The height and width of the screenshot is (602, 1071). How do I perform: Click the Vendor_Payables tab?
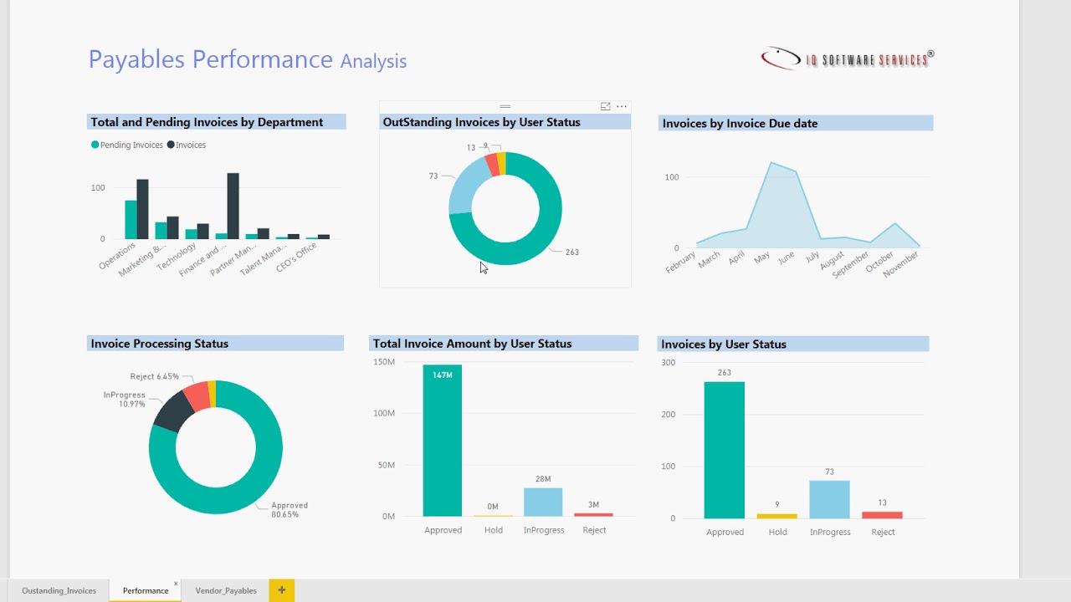[226, 590]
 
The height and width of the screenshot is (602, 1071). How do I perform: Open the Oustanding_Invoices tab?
[59, 590]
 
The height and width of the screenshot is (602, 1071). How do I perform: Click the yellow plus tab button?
[281, 590]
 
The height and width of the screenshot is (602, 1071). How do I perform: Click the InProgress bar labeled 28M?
[543, 502]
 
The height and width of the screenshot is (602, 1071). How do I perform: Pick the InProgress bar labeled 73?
[829, 499]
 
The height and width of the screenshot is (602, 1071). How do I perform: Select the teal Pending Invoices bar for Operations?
[131, 220]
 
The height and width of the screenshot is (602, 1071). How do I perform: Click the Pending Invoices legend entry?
[127, 145]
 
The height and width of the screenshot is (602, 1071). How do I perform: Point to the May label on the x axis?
[761, 258]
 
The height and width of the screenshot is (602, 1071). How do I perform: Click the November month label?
[902, 264]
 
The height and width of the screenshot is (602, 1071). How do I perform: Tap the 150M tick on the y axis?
[384, 362]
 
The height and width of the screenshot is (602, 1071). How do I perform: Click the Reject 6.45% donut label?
[154, 376]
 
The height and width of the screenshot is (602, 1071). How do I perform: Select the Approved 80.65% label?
[290, 510]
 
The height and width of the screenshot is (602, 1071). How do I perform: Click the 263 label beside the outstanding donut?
[571, 252]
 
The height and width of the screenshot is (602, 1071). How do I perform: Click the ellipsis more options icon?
[622, 106]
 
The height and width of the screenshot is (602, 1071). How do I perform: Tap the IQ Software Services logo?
[847, 59]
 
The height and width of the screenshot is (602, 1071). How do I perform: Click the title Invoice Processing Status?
[159, 344]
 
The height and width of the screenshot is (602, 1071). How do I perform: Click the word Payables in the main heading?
[138, 59]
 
